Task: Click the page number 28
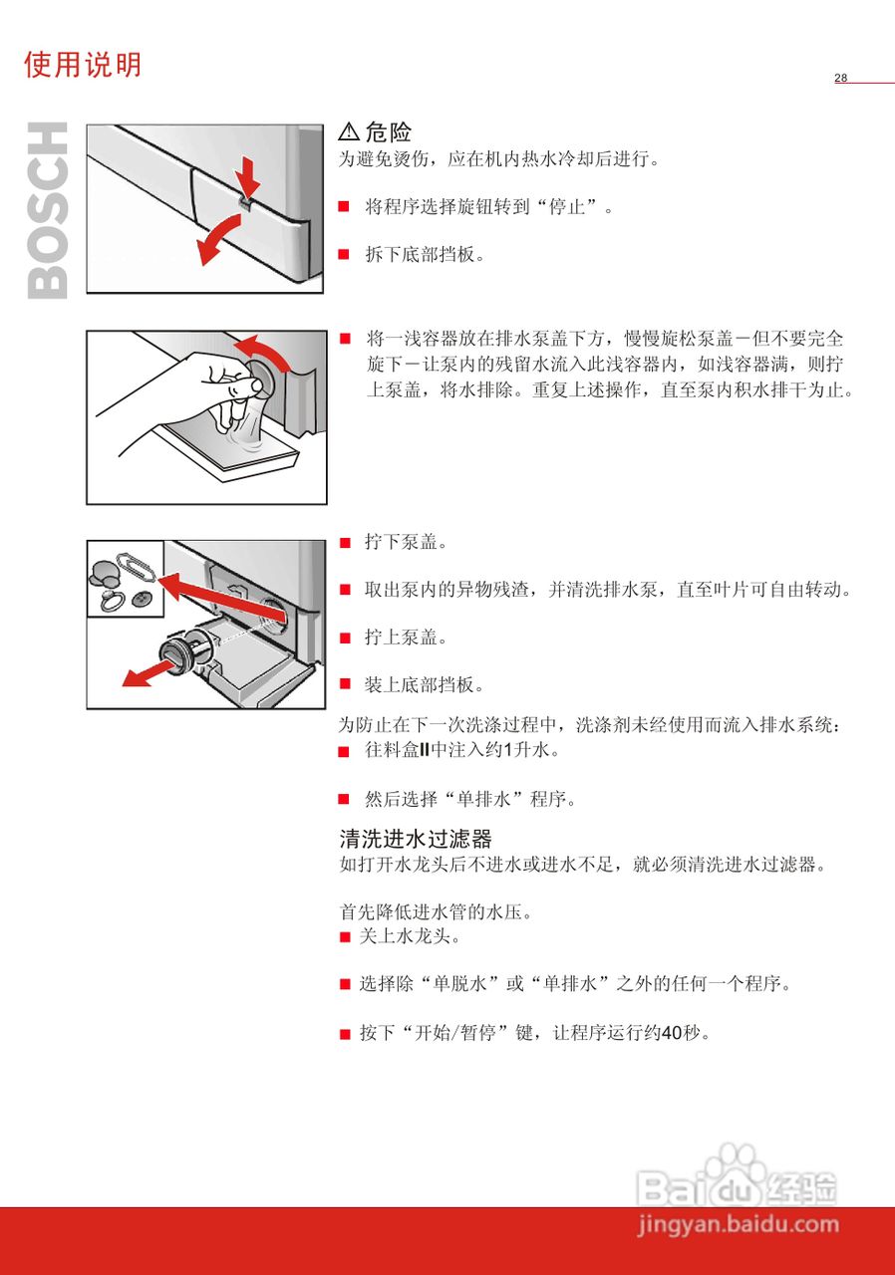(x=841, y=78)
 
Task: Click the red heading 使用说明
(x=83, y=65)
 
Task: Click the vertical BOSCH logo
(x=48, y=210)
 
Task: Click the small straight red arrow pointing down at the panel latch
(x=249, y=179)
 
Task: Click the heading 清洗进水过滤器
(x=416, y=839)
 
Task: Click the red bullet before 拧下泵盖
(x=345, y=543)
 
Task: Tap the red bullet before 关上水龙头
(x=345, y=937)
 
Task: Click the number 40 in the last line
(x=672, y=1033)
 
